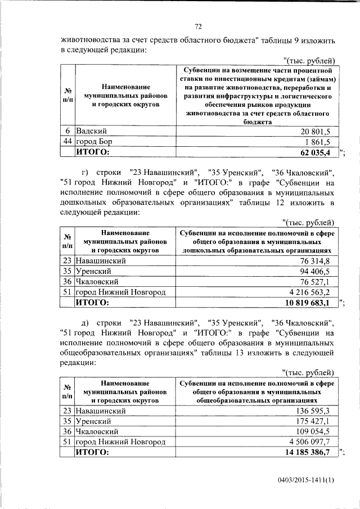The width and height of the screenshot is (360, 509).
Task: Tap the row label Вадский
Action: coord(89,131)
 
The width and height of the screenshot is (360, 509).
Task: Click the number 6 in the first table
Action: coord(67,131)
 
